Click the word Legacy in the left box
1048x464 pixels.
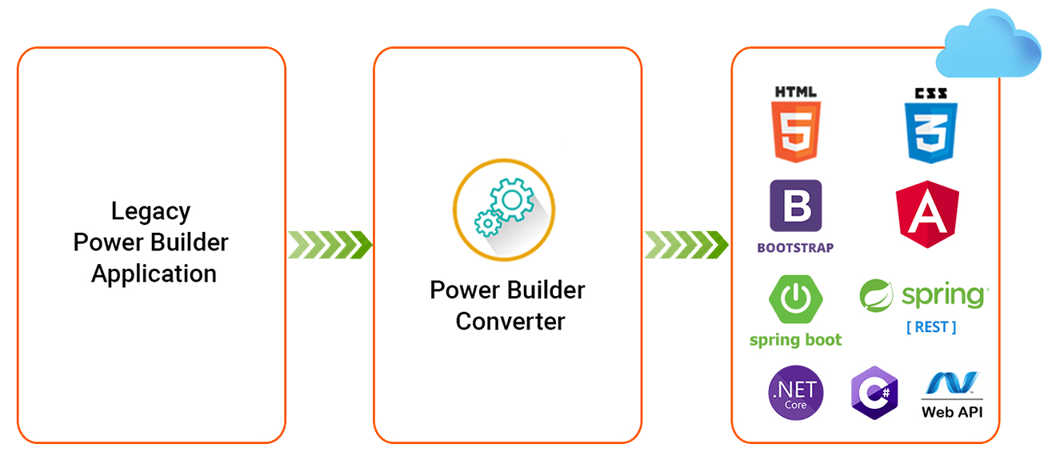point(150,212)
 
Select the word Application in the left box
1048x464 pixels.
point(154,274)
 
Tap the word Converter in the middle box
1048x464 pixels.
point(510,322)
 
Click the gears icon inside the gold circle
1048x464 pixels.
point(504,207)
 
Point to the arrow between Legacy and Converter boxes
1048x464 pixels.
point(330,245)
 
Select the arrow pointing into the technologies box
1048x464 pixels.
point(686,245)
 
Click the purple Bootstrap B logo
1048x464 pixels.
point(796,206)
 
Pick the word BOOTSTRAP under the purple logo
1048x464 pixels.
point(795,248)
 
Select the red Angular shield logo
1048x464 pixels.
point(928,214)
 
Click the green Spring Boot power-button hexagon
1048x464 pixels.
point(795,299)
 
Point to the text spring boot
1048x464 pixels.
point(795,340)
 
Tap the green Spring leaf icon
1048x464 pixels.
point(876,296)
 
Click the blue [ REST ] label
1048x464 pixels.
point(931,327)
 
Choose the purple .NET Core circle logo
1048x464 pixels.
point(796,393)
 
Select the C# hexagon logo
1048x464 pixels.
point(874,393)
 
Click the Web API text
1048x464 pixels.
point(952,412)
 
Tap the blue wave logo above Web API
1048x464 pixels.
point(952,383)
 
